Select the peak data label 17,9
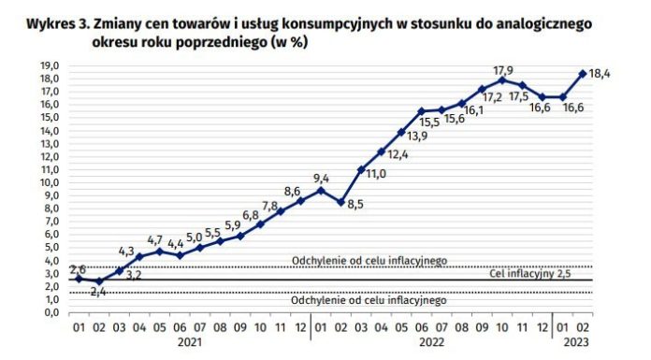click(x=503, y=69)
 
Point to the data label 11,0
click(x=376, y=173)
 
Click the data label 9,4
click(x=320, y=179)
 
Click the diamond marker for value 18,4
click(x=583, y=74)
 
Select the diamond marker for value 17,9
click(x=502, y=80)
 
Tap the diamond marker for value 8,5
click(x=341, y=201)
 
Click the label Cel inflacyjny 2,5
click(x=529, y=274)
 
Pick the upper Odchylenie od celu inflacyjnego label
click(x=370, y=260)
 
